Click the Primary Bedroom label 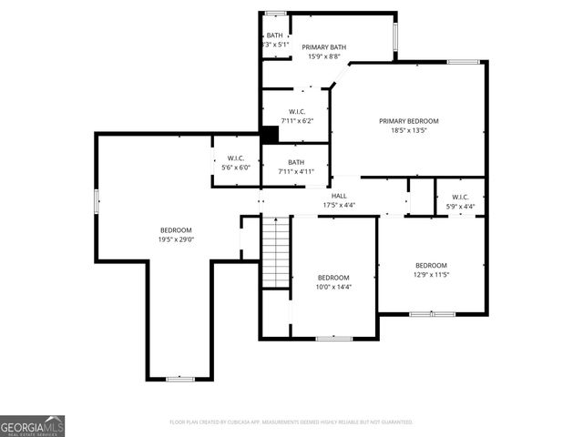[x=409, y=121]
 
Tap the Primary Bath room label [x=324, y=47]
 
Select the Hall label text [x=339, y=196]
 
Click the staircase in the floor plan [x=275, y=251]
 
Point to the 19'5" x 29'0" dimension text [x=176, y=239]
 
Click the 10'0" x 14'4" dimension [x=333, y=287]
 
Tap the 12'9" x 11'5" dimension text [x=431, y=274]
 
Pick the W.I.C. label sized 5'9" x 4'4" [x=460, y=197]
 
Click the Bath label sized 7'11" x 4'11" [x=296, y=162]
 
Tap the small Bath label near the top [x=274, y=36]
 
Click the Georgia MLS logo [x=33, y=425]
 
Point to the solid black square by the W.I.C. [x=270, y=134]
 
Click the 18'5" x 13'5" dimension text [x=409, y=130]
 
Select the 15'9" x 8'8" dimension [x=324, y=56]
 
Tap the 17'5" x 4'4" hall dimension [x=339, y=205]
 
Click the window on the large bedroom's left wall [x=96, y=201]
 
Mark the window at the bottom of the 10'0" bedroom [x=333, y=339]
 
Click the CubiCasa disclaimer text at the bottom [x=291, y=422]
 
